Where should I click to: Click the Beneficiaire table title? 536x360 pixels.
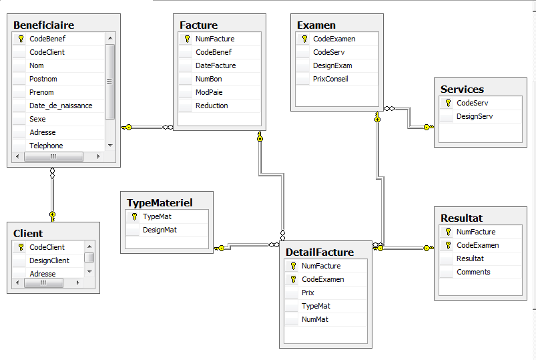click(44, 25)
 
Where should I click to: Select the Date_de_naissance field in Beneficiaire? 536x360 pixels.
click(61, 106)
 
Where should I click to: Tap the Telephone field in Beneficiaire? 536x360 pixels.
click(46, 146)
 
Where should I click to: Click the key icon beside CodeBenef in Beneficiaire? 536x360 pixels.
click(21, 39)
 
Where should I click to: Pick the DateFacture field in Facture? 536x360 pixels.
click(216, 65)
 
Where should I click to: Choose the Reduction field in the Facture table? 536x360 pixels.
click(212, 106)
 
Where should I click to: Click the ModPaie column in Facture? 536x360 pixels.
click(208, 92)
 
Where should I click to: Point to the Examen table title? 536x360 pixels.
click(316, 25)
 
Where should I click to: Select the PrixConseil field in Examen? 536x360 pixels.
click(330, 79)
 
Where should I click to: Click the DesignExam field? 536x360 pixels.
click(332, 65)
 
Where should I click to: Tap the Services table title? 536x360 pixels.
click(462, 89)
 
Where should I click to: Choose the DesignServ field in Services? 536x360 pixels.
click(475, 116)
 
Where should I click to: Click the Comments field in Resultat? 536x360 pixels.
click(473, 272)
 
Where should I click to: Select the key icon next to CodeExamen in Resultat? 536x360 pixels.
click(448, 245)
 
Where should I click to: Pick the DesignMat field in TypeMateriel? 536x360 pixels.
click(160, 230)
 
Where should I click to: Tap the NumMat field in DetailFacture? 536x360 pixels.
click(315, 319)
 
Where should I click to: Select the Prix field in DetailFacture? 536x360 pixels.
click(308, 293)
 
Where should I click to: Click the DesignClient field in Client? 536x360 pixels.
click(49, 260)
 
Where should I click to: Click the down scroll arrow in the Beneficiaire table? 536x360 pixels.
click(110, 146)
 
